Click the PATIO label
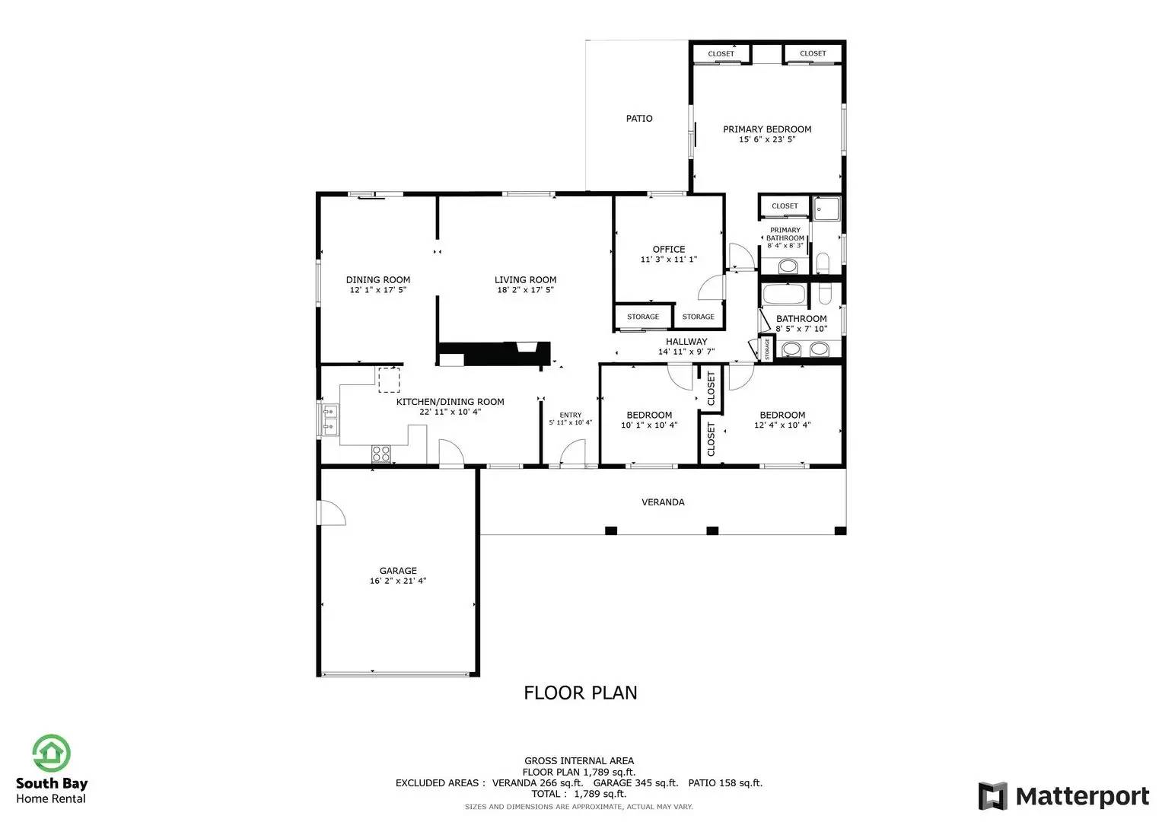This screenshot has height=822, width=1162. tap(639, 118)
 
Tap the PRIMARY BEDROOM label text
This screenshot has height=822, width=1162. tap(767, 129)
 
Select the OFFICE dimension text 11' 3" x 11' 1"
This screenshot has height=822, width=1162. tap(669, 260)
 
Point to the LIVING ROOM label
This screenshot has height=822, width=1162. tap(526, 280)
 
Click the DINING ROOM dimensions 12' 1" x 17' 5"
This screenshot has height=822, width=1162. tap(378, 289)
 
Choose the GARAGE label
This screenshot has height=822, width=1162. tap(398, 571)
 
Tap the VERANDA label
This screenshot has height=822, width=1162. tap(663, 502)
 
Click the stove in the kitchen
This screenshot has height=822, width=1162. tap(380, 454)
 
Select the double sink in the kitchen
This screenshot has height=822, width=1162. tap(329, 419)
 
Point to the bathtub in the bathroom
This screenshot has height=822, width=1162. tap(783, 294)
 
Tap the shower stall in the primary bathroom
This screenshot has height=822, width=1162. tap(826, 209)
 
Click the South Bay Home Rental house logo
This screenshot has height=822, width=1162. tap(51, 753)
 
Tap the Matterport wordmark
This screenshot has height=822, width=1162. tap(1082, 796)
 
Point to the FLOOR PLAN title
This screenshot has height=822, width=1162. tap(581, 693)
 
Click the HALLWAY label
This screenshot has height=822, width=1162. tap(686, 342)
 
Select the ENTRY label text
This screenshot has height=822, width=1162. tap(571, 415)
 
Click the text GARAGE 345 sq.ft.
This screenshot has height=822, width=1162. tap(635, 783)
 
